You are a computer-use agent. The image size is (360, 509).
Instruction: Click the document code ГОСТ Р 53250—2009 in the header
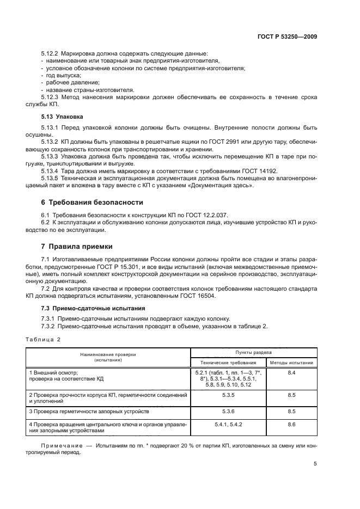[x=286, y=36]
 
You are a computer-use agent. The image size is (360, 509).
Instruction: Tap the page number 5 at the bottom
[x=315, y=464]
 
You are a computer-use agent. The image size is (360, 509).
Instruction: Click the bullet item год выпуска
[x=61, y=76]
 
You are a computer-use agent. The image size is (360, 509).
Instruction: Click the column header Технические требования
[x=228, y=362]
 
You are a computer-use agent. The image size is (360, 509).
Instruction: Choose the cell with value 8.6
[x=291, y=424]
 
